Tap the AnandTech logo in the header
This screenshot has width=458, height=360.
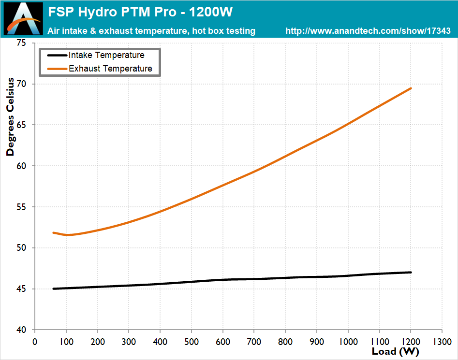point(23,19)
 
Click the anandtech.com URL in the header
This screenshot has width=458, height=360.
point(368,31)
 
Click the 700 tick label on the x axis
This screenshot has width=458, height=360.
point(254,341)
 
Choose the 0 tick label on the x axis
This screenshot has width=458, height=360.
point(35,341)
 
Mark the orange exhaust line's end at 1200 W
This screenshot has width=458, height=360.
point(411,88)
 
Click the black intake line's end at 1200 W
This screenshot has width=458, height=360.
point(411,273)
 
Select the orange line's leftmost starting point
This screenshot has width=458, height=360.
point(54,233)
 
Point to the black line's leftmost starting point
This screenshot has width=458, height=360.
point(54,288)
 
